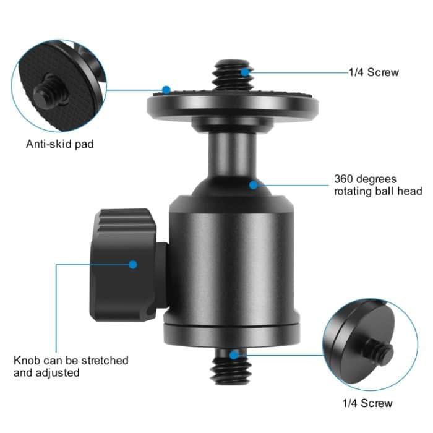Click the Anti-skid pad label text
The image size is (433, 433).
(59, 145)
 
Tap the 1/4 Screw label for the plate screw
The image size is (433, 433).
(374, 72)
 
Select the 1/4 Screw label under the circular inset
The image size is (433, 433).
(367, 404)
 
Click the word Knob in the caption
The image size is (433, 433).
(27, 360)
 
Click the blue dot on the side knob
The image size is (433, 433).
(132, 264)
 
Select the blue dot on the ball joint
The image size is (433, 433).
(253, 184)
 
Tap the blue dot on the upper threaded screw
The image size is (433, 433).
(245, 72)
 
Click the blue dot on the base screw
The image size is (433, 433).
(233, 355)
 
